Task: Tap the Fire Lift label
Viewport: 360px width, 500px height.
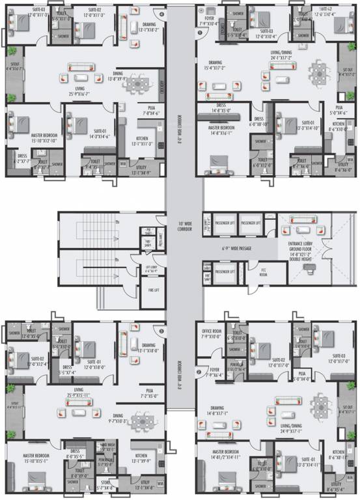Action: pyautogui.click(x=153, y=290)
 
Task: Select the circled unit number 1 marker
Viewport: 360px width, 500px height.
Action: pyautogui.click(x=199, y=33)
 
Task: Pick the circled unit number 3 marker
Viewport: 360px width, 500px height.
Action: pyautogui.click(x=161, y=331)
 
